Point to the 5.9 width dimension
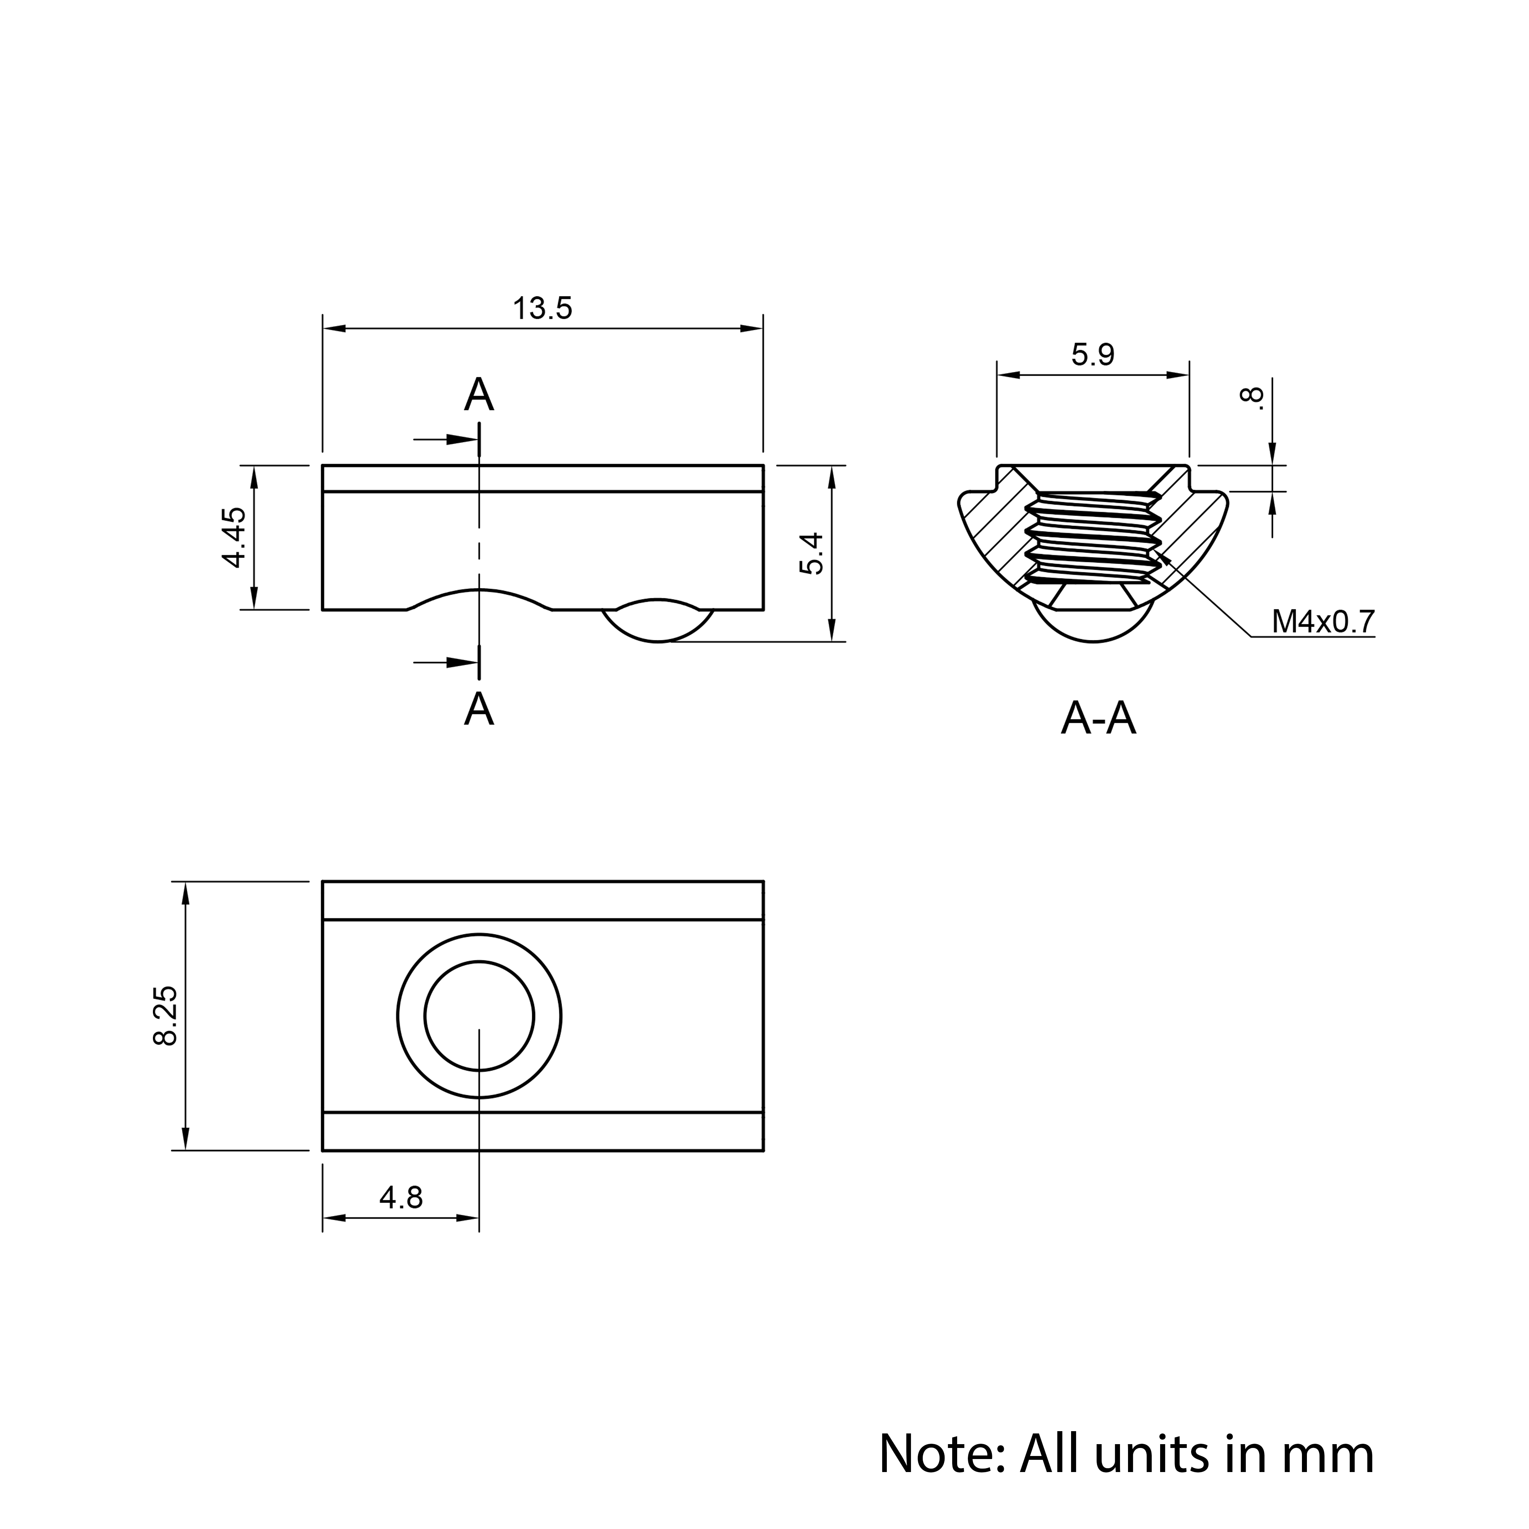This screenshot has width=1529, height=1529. point(1093,355)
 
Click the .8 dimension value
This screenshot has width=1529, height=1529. point(1252,397)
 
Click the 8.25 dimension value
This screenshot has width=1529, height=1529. point(166,1016)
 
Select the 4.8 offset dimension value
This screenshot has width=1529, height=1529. point(401,1198)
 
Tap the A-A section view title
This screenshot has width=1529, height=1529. point(1099,719)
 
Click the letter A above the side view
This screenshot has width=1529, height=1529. point(479,395)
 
